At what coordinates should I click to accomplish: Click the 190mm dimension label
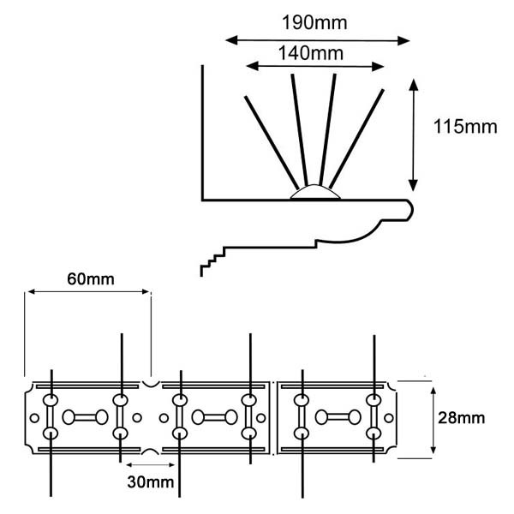click(x=314, y=23)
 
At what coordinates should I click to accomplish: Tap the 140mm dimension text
click(x=311, y=53)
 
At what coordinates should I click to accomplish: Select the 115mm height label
click(x=465, y=127)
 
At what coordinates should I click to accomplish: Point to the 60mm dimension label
click(x=91, y=279)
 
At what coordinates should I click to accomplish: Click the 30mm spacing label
click(x=151, y=481)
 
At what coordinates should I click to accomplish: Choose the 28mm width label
click(x=461, y=418)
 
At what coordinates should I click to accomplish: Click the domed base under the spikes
click(x=315, y=193)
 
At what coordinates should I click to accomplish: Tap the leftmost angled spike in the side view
click(x=272, y=142)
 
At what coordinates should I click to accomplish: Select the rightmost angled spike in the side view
click(x=356, y=139)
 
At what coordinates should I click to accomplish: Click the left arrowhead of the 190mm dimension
click(x=231, y=40)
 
